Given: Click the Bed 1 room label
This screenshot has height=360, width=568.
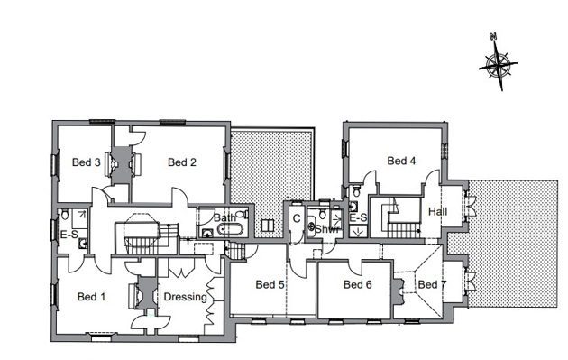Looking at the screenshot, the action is click(x=91, y=297).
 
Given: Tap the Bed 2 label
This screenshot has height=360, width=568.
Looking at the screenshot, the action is click(x=182, y=162).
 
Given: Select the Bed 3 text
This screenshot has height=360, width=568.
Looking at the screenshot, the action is click(x=87, y=162).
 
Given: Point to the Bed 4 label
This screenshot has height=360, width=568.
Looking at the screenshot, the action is click(x=401, y=161).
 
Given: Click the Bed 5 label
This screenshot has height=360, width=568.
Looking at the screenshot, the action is click(x=270, y=284).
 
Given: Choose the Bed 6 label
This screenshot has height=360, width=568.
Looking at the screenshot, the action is click(x=358, y=284).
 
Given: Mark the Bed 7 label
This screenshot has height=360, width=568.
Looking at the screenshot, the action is click(x=432, y=284).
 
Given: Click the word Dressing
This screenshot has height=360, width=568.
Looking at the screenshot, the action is click(x=186, y=297).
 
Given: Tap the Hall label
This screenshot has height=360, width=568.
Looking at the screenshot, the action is click(x=437, y=211).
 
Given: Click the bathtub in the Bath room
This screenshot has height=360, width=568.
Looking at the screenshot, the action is click(x=231, y=229).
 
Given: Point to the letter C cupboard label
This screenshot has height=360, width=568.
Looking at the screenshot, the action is click(x=297, y=218).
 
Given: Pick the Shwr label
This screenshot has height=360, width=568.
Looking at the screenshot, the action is click(x=327, y=229).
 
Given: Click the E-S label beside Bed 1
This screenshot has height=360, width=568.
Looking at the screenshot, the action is click(x=69, y=235).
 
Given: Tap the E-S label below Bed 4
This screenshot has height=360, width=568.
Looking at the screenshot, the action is click(x=358, y=217).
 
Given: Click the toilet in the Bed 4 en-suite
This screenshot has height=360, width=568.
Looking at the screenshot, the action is click(x=356, y=190).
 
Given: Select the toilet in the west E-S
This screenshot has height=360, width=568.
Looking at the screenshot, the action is click(x=65, y=214).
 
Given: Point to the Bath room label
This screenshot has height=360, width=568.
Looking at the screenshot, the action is click(x=224, y=217).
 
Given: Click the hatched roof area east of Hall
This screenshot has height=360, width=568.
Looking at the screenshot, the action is click(x=513, y=244).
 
